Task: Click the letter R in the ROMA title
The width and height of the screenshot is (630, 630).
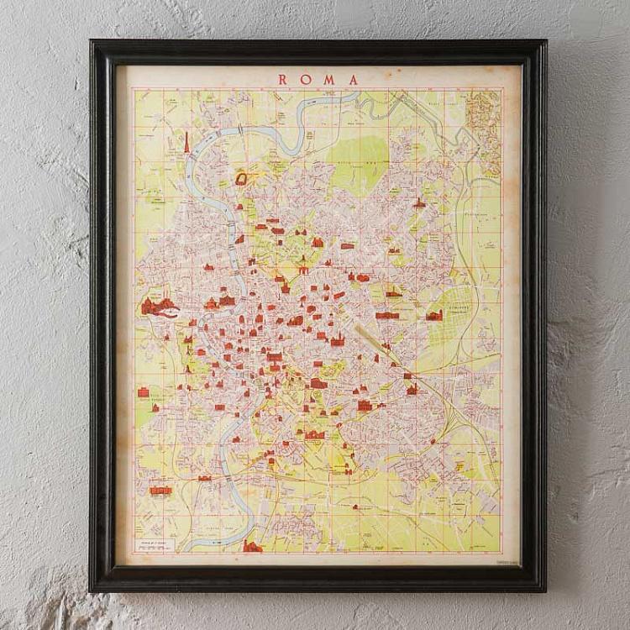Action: point(282,80)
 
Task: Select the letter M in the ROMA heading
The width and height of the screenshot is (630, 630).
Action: point(329,80)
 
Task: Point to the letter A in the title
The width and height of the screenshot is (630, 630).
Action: point(353,80)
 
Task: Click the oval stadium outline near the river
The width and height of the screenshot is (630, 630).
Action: point(243,179)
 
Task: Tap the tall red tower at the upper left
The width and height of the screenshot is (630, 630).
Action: point(186,143)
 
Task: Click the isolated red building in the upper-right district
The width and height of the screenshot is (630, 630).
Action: point(418,203)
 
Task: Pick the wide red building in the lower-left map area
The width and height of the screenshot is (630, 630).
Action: point(160,490)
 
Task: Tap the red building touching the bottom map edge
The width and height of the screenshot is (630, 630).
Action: point(251,547)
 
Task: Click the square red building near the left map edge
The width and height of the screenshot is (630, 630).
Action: point(144,392)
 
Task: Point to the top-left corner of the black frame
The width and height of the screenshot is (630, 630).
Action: point(92,43)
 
